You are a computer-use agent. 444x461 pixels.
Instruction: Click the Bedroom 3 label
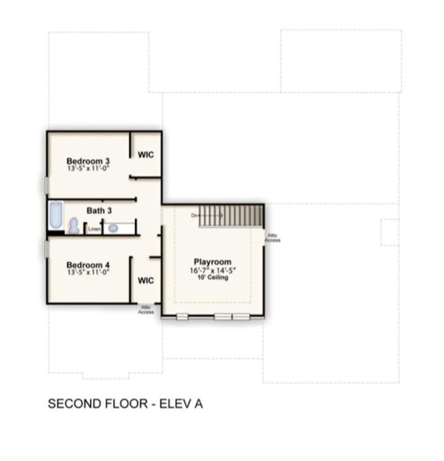coord(88,161)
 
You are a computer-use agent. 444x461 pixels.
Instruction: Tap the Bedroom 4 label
coord(88,265)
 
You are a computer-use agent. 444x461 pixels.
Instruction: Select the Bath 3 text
coord(99,210)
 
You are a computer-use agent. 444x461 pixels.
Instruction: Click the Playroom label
coord(212,262)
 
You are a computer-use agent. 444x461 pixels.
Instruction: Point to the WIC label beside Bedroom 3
coord(145,154)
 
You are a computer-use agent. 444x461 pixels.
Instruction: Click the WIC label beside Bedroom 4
coord(145,280)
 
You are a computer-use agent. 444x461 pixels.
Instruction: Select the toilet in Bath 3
coord(74,225)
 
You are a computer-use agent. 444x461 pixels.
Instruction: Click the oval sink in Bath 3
coord(113,228)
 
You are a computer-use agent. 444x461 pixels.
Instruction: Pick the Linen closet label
coord(93,229)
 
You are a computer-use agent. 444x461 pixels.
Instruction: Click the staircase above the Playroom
coord(231,215)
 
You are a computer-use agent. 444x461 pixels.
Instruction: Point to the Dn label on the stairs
coord(195,215)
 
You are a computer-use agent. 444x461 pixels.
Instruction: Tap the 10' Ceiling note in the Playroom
coord(212,277)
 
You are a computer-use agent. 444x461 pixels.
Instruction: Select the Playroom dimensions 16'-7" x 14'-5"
coord(212,270)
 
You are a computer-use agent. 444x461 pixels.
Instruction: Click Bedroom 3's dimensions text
coord(88,167)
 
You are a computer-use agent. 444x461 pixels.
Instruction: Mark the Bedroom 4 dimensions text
coord(88,272)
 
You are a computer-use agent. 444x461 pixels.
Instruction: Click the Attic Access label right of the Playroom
coord(272,238)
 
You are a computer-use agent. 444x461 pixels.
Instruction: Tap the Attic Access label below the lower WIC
coord(146,310)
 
